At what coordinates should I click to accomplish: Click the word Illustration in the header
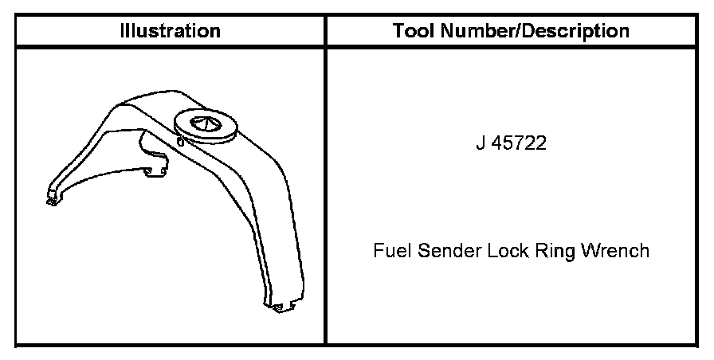(x=170, y=31)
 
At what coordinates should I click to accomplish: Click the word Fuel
(x=388, y=251)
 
